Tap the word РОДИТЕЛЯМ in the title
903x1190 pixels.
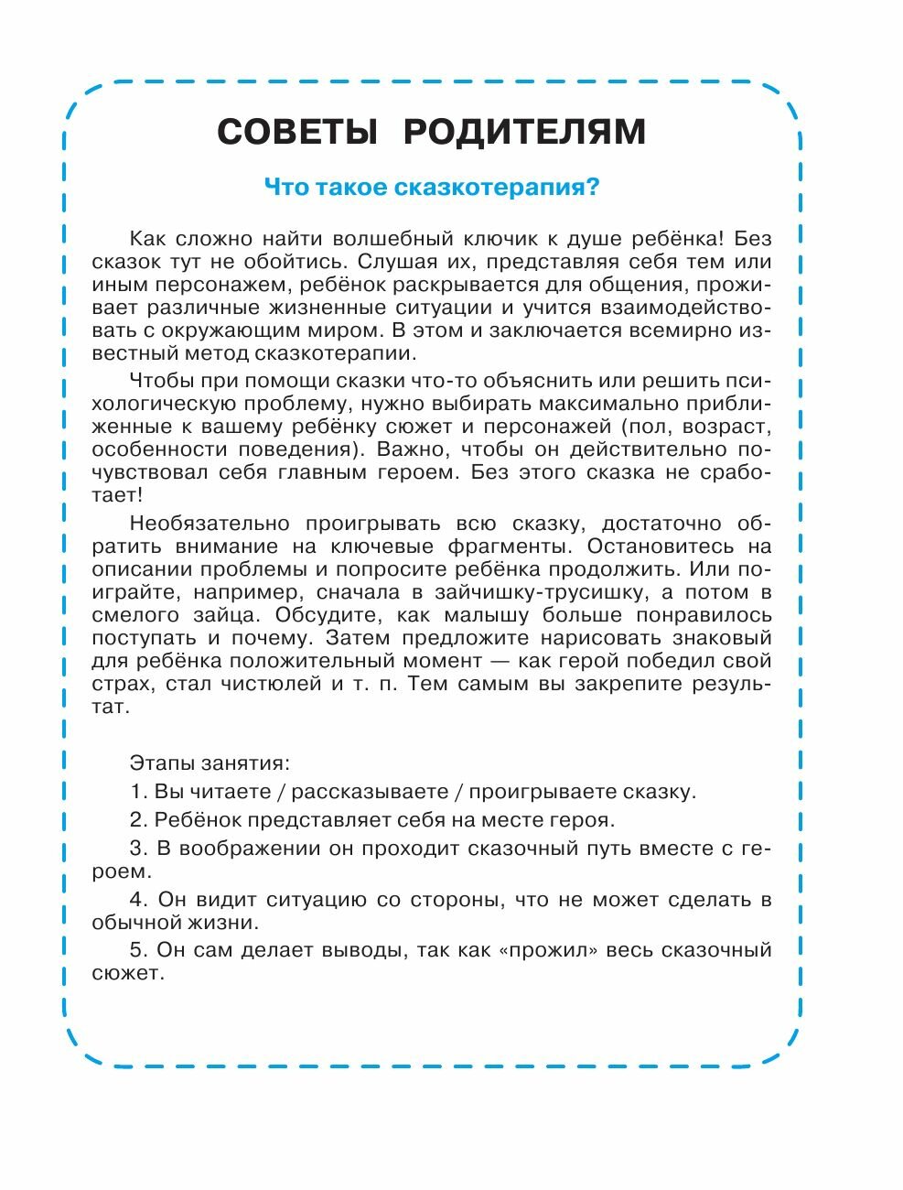(524, 132)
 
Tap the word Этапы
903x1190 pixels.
(159, 762)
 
